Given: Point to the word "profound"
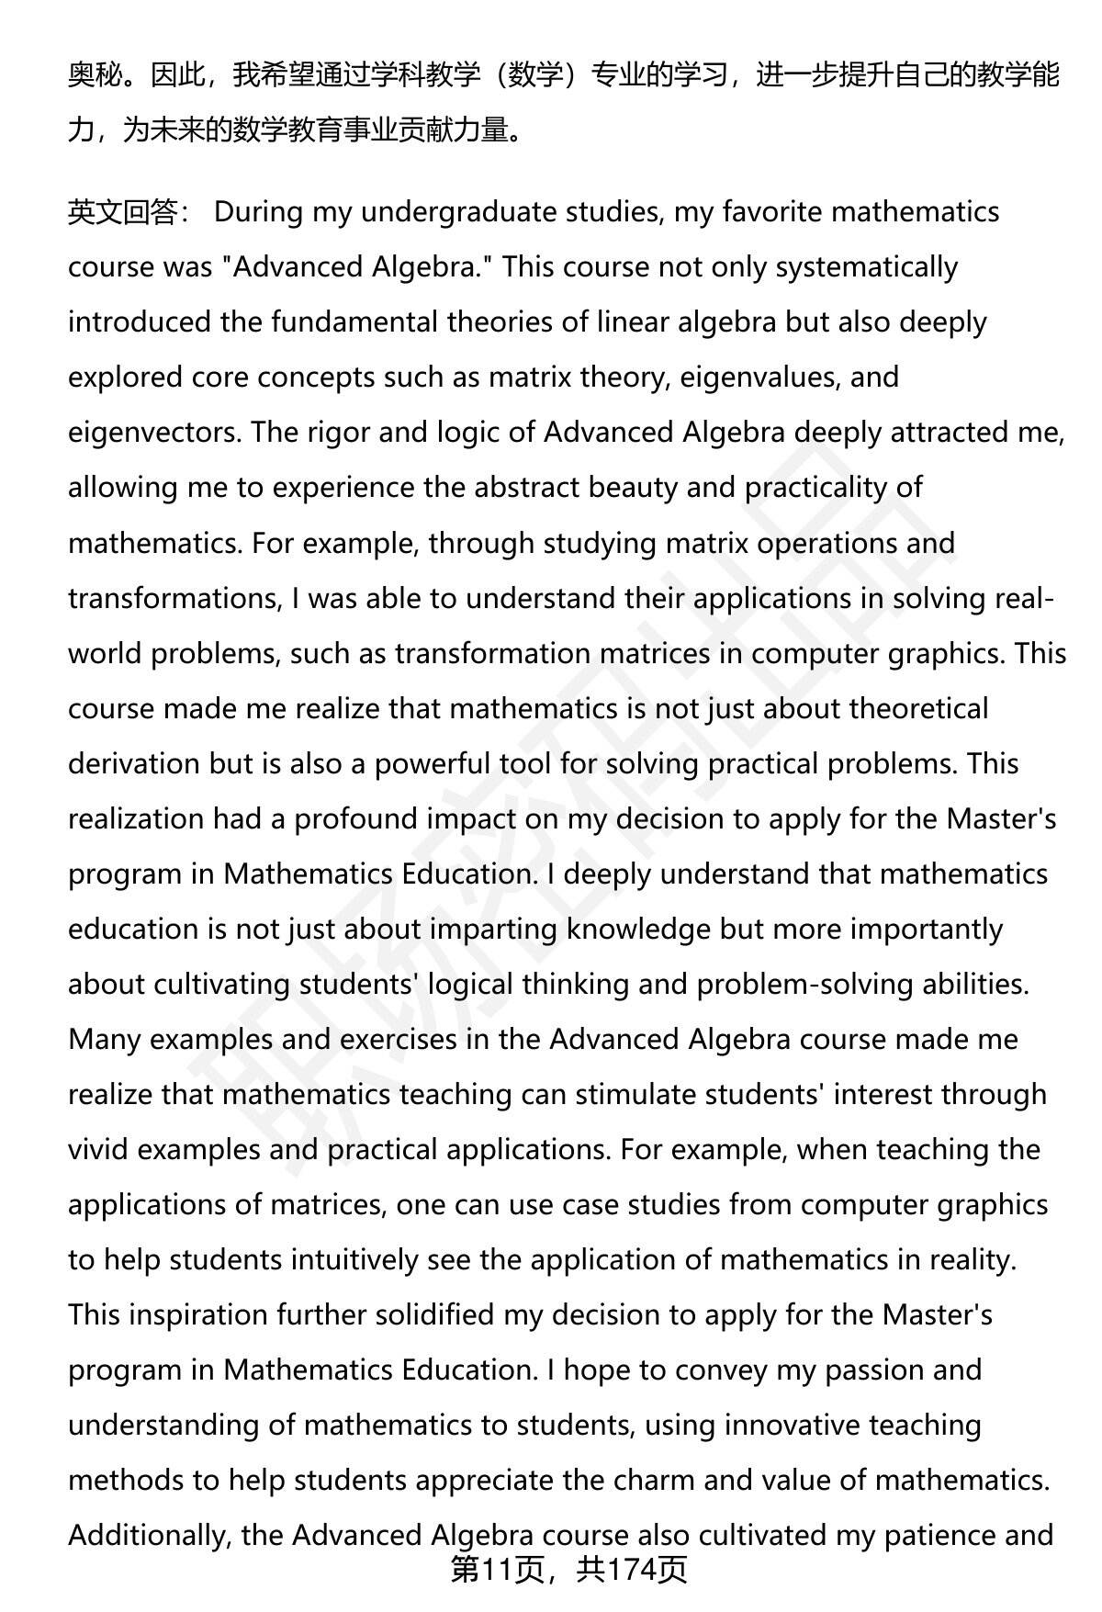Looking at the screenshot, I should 348,818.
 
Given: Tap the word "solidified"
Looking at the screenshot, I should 429,1314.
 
